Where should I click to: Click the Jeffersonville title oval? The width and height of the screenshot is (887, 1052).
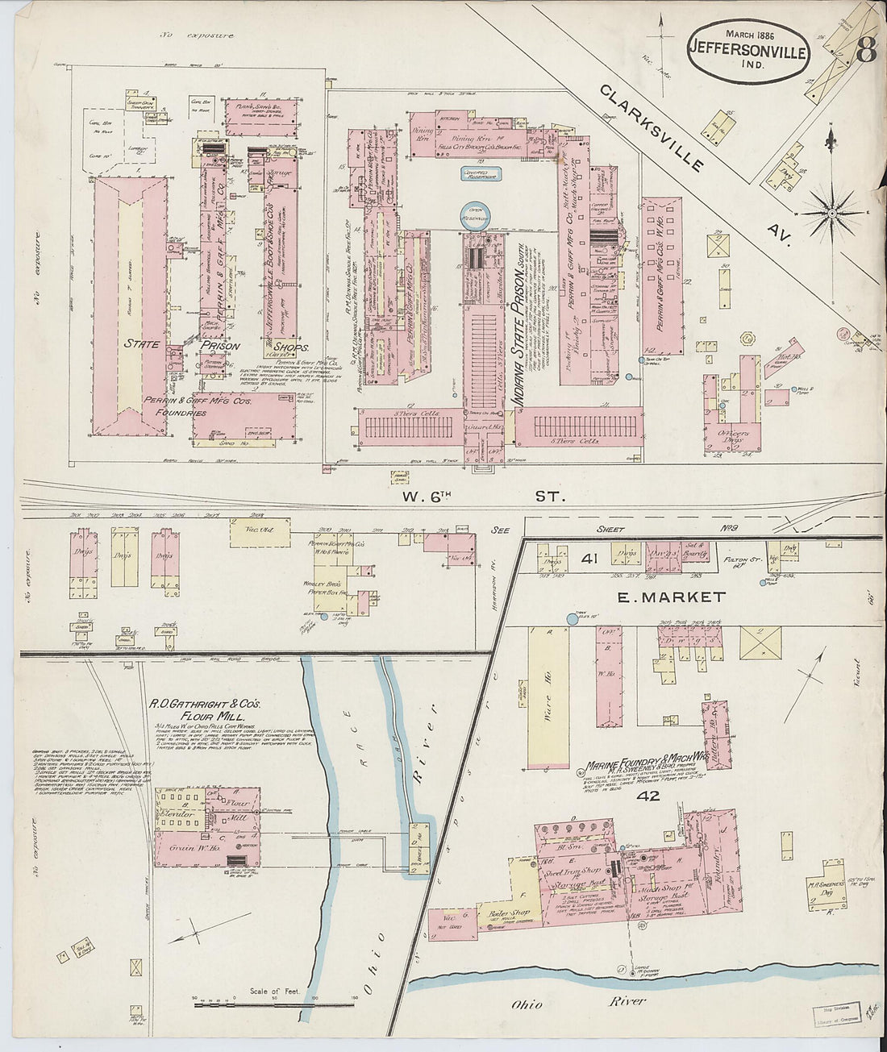(x=748, y=49)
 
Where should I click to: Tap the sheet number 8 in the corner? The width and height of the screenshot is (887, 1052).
(x=866, y=52)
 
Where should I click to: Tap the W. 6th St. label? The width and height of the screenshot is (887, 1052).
(x=484, y=497)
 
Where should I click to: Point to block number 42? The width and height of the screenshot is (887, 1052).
(x=648, y=796)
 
